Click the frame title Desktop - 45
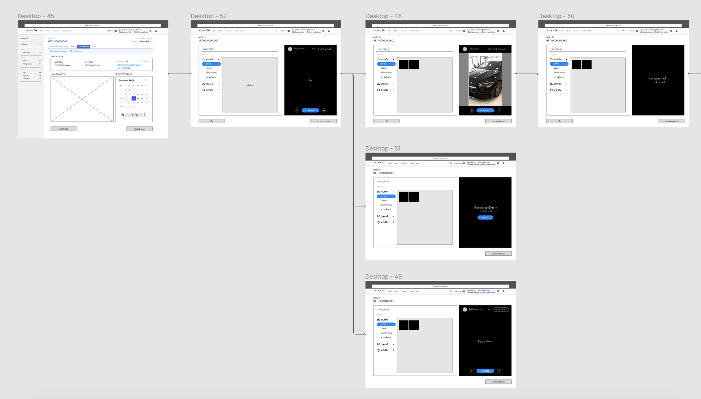(36, 16)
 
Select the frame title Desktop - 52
(209, 16)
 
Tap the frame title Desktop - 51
(383, 148)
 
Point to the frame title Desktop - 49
(383, 276)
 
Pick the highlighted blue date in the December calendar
(134, 98)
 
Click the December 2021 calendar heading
(126, 80)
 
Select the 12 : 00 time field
(134, 115)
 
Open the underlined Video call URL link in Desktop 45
(129, 65)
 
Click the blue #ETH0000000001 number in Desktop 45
(58, 41)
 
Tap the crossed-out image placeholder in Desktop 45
(82, 99)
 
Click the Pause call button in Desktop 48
(501, 49)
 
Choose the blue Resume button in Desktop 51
(485, 218)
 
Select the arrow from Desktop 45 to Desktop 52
(179, 74)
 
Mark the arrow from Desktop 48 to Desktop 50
(527, 74)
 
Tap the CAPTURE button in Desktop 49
(485, 371)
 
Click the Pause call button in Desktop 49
(501, 310)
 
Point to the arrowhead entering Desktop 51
(364, 206)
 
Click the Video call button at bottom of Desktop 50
(671, 121)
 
